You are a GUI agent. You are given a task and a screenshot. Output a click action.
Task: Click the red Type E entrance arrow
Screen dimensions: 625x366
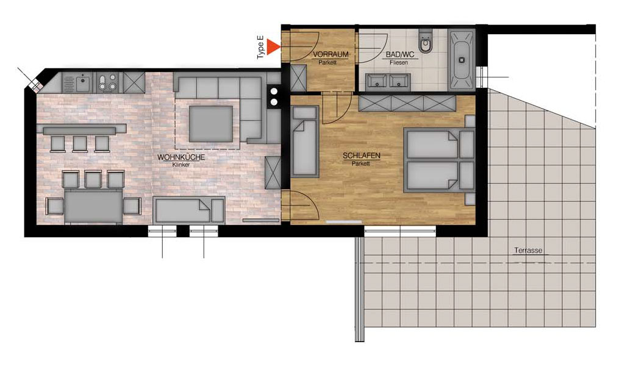(x=273, y=46)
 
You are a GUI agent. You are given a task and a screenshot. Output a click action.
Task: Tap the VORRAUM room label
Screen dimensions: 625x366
(x=330, y=54)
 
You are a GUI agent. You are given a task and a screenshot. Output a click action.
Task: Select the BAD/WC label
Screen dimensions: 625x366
(x=400, y=55)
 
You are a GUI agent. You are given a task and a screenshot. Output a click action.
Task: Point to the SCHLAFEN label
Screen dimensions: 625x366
(x=362, y=156)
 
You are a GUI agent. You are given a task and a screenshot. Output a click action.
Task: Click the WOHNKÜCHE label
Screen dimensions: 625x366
(x=181, y=157)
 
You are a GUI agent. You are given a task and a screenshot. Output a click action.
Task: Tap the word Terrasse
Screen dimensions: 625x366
(x=528, y=250)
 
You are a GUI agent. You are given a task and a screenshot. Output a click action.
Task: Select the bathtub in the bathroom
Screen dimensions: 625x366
(x=462, y=60)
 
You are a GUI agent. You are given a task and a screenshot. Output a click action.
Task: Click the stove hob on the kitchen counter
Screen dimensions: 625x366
(x=107, y=82)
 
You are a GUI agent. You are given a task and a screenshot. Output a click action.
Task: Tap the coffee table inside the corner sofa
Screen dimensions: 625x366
(x=210, y=124)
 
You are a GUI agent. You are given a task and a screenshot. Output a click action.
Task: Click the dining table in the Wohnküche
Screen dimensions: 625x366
(x=93, y=206)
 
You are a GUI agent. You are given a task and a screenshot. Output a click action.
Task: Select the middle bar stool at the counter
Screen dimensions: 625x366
(x=80, y=144)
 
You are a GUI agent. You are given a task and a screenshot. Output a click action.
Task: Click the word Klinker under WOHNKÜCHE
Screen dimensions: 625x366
(x=181, y=165)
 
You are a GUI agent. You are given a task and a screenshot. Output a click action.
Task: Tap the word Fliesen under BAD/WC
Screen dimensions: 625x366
(x=399, y=63)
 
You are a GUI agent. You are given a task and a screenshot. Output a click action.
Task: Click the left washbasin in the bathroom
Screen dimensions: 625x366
(x=375, y=81)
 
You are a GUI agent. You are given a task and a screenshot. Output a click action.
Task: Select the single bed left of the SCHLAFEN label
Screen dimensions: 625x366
(x=304, y=141)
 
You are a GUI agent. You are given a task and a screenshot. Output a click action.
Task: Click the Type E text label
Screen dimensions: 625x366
(x=261, y=48)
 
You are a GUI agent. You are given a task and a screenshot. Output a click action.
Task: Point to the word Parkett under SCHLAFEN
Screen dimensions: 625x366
(x=361, y=163)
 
